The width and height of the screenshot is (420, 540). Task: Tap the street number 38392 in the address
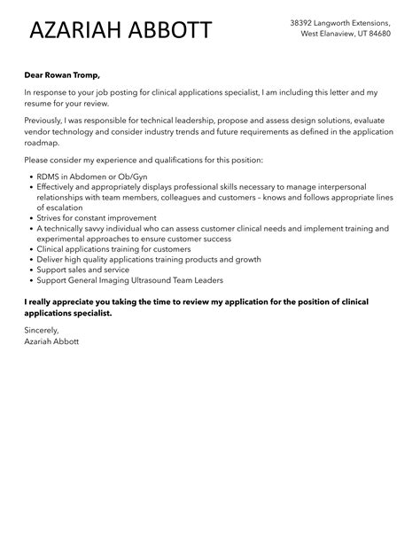[306, 22]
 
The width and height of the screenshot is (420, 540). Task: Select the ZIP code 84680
[401, 34]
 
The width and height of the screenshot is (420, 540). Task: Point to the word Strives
[51, 217]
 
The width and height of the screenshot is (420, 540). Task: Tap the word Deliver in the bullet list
[51, 260]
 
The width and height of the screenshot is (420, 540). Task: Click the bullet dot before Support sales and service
[29, 270]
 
